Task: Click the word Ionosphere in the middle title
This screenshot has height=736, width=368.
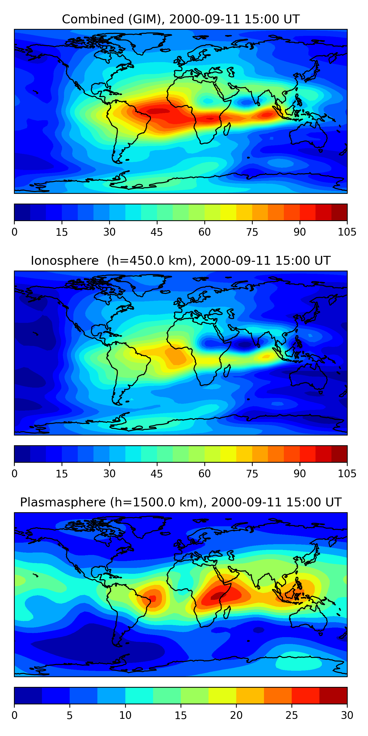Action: [65, 261]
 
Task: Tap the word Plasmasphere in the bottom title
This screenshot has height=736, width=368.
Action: [63, 502]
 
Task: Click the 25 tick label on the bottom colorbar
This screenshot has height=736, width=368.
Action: [291, 715]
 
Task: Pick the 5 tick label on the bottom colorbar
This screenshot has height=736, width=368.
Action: [70, 715]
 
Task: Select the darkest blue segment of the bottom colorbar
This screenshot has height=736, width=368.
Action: [28, 696]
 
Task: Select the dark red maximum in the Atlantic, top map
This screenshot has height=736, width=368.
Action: [158, 111]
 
